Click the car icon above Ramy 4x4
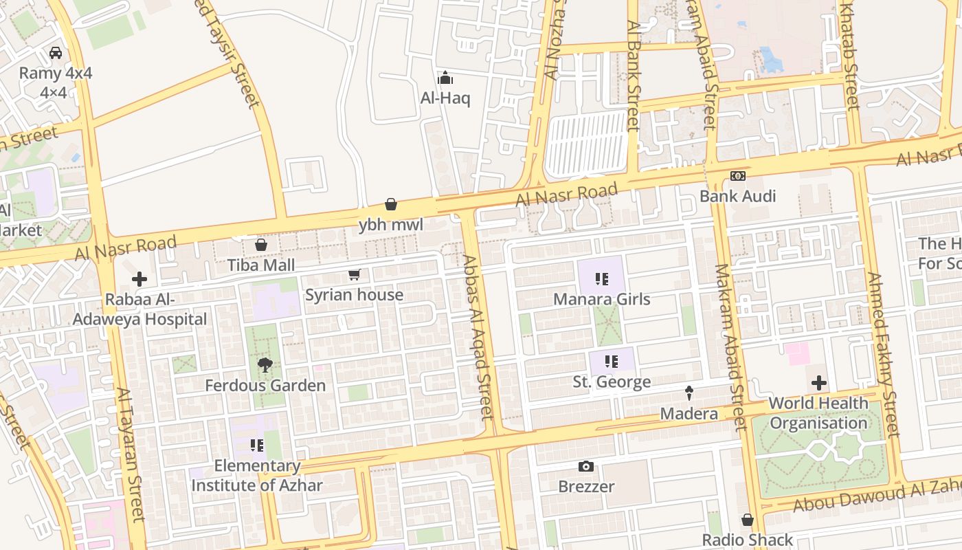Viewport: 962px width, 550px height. click(x=56, y=53)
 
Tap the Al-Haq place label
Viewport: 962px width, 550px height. click(x=445, y=98)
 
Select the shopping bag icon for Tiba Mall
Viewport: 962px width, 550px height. click(x=261, y=245)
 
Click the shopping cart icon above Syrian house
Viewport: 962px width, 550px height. click(x=355, y=275)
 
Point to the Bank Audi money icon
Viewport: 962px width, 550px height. click(x=738, y=177)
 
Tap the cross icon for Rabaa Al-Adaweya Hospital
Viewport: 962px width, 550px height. click(x=139, y=279)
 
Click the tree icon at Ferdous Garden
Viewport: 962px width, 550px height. click(x=265, y=365)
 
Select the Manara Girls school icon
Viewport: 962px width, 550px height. click(x=602, y=279)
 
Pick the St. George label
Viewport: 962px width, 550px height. click(x=612, y=382)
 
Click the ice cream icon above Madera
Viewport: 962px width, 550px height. click(x=689, y=393)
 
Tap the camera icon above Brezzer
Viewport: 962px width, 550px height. click(x=585, y=467)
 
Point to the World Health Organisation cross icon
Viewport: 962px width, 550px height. click(x=818, y=383)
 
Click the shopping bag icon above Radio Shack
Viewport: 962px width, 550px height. click(x=748, y=520)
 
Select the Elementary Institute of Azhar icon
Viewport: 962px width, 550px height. click(x=257, y=445)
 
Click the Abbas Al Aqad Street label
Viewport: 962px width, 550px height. click(x=478, y=337)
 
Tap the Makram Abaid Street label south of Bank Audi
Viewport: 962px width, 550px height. click(x=730, y=347)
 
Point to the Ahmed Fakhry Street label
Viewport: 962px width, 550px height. click(x=883, y=355)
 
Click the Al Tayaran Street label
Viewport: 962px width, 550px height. click(x=131, y=454)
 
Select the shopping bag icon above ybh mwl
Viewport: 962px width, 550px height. click(x=391, y=204)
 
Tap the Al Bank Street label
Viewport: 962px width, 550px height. click(x=633, y=76)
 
